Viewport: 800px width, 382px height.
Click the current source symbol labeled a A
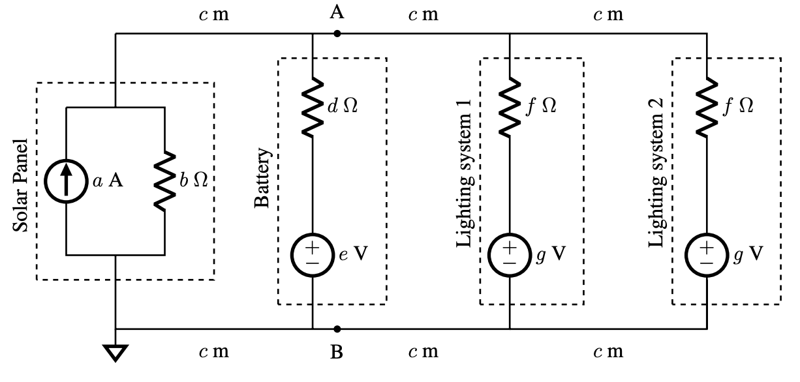tap(67, 181)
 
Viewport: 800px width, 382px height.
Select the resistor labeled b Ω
tap(165, 181)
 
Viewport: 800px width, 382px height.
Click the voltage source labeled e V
tap(313, 254)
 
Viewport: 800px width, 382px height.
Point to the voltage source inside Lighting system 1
tap(510, 254)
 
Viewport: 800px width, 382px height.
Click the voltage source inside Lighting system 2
tap(707, 254)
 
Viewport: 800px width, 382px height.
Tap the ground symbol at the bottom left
tap(115, 353)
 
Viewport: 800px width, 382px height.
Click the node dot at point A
tap(337, 33)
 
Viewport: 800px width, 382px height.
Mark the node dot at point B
tap(337, 329)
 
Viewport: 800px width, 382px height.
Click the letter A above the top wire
tap(337, 12)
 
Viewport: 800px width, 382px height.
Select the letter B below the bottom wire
tap(337, 353)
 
